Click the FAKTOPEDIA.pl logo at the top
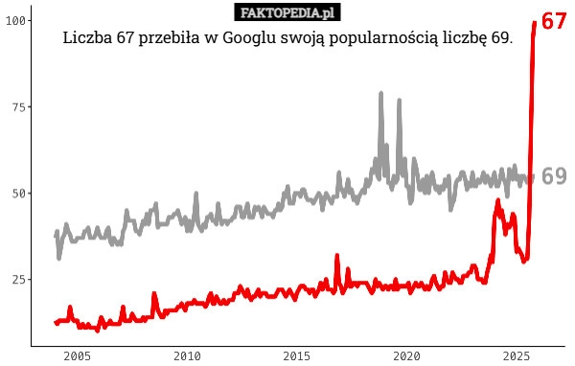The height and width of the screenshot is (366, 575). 287,12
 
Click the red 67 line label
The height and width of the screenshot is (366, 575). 553,21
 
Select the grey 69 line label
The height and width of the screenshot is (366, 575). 553,176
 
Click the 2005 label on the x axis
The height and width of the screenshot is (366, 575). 77,355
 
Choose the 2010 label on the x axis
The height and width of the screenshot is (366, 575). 187,355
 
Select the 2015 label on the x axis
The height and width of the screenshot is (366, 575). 297,355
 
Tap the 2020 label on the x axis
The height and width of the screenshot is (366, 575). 407,355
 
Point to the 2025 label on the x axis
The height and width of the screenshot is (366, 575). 517,355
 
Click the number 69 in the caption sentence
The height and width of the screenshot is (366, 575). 498,39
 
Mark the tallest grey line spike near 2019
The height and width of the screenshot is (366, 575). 380,94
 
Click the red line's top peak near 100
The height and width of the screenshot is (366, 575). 534,22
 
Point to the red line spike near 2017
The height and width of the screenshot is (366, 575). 337,257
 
